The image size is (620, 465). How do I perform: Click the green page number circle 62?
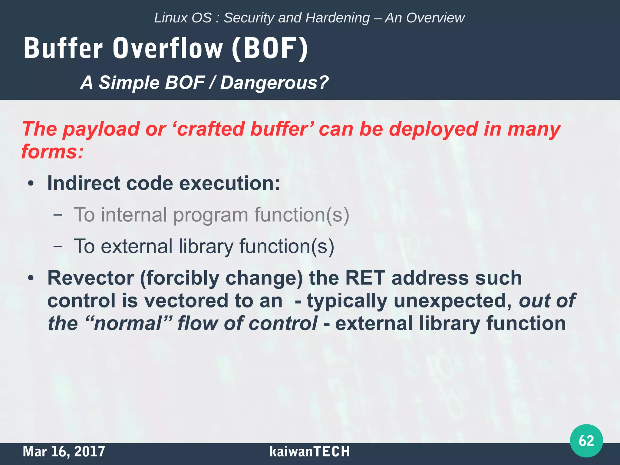pyautogui.click(x=586, y=440)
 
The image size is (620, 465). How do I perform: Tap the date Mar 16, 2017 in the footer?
pyautogui.click(x=64, y=451)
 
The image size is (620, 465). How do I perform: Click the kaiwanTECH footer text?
pyautogui.click(x=309, y=451)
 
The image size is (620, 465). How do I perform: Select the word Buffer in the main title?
pyautogui.click(x=63, y=48)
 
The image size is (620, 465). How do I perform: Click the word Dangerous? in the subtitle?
pyautogui.click(x=274, y=82)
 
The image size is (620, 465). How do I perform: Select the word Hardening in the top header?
pyautogui.click(x=338, y=18)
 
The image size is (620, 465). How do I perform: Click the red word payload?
pyautogui.click(x=101, y=129)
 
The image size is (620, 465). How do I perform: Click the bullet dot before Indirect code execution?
pyautogui.click(x=31, y=184)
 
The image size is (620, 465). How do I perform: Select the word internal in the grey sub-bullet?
pyautogui.click(x=134, y=215)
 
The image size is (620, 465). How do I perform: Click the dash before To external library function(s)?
pyautogui.click(x=58, y=246)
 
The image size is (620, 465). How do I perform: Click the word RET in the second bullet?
pyautogui.click(x=365, y=278)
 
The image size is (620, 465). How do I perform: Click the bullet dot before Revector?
pyautogui.click(x=31, y=278)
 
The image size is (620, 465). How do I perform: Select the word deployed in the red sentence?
pyautogui.click(x=433, y=129)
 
